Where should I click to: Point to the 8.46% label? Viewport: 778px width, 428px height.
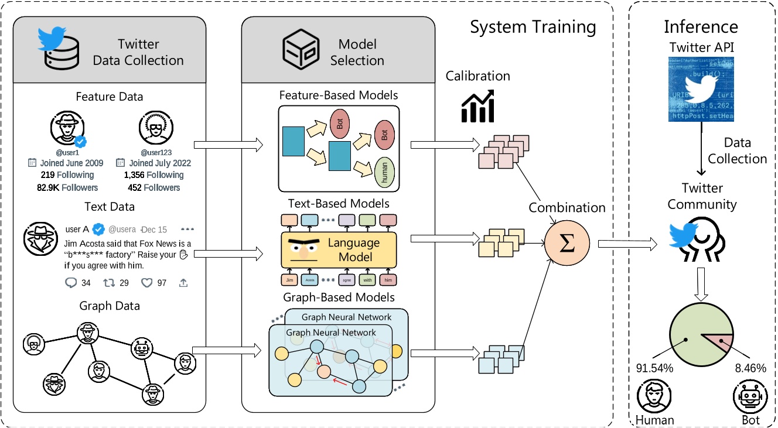(x=746, y=368)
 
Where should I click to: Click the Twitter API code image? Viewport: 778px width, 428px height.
(x=701, y=90)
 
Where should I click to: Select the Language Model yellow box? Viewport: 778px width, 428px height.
(x=339, y=249)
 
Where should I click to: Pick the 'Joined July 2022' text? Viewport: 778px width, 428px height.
(x=160, y=163)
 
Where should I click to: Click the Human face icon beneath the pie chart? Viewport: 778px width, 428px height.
(x=654, y=399)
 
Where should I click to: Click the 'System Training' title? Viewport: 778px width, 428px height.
(x=533, y=28)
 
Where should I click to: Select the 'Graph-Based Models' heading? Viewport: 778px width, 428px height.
(x=339, y=297)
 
